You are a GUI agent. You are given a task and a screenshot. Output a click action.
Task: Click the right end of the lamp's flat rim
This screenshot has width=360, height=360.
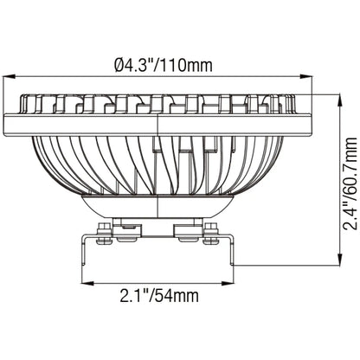pyautogui.click(x=309, y=119)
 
